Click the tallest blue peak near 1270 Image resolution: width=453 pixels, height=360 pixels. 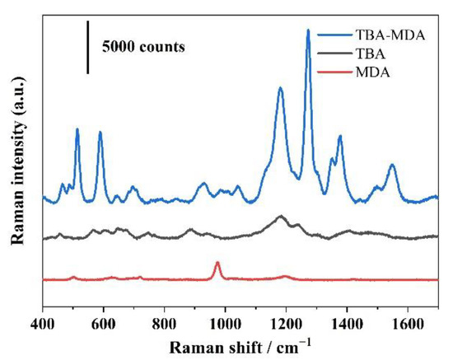point(308,30)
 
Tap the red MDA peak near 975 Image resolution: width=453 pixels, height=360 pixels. point(217,263)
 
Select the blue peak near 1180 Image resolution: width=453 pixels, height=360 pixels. point(281,88)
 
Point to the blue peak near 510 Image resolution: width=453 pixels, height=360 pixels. point(77,129)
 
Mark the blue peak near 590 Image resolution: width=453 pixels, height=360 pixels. point(100,133)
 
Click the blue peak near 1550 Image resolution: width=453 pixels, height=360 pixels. point(392,166)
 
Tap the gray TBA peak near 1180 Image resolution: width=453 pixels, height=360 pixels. point(281,217)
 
